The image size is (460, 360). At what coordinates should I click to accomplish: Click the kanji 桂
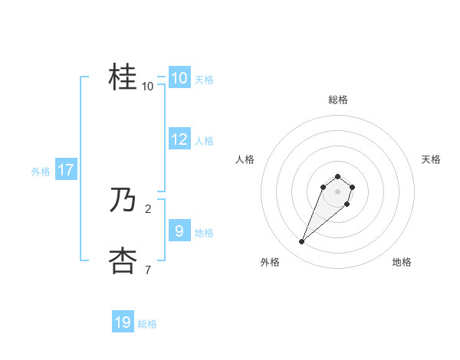123,77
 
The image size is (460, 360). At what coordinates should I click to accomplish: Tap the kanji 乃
123,201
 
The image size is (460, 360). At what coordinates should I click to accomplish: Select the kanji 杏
123,261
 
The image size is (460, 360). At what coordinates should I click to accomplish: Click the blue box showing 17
65,170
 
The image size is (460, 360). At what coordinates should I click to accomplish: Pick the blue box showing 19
123,322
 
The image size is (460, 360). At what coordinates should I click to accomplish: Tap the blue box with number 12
179,139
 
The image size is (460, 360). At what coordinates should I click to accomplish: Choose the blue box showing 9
179,231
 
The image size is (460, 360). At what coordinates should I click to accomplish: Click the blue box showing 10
179,78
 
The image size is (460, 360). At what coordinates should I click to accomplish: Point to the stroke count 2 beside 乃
147,208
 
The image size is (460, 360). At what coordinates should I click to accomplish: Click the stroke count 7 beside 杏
147,269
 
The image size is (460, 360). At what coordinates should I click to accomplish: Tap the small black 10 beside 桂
147,87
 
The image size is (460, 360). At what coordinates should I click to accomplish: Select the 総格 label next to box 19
147,325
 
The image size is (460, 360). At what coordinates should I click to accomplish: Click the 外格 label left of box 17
41,172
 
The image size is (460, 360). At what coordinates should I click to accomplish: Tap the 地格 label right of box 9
204,233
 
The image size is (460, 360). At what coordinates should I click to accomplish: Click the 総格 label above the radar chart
337,100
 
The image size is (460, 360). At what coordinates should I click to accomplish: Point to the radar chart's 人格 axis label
245,159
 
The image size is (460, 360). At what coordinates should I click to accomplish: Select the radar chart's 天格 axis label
431,159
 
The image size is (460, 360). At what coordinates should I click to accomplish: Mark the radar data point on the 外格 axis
302,242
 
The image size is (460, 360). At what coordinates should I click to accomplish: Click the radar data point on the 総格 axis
337,174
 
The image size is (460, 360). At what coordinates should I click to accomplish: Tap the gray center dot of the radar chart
337,191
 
